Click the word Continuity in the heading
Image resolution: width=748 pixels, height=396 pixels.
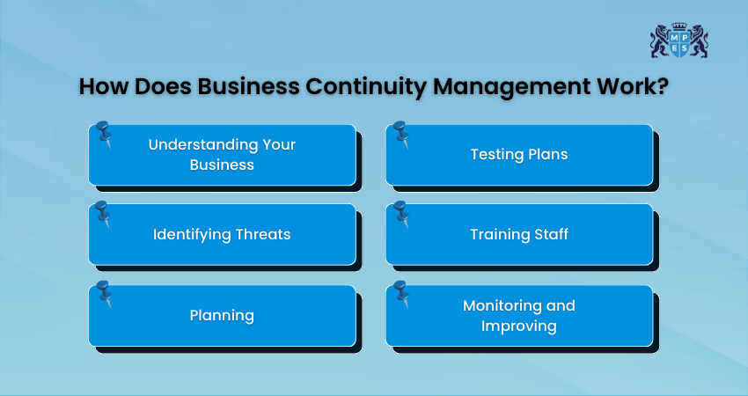click(x=365, y=87)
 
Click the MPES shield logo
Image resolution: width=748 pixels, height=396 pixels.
click(x=678, y=41)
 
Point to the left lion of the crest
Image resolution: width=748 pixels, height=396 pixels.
click(x=659, y=41)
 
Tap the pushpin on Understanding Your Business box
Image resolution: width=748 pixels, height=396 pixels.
click(x=104, y=135)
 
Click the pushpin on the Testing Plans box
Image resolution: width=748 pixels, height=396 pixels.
click(x=401, y=135)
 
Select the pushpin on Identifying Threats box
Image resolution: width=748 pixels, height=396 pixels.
click(x=104, y=214)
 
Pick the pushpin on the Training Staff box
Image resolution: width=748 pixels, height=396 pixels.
click(x=401, y=214)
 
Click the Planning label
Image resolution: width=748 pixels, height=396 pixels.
click(x=222, y=316)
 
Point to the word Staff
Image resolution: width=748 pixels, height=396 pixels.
click(x=552, y=234)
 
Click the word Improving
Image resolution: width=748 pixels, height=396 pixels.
click(x=519, y=326)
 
